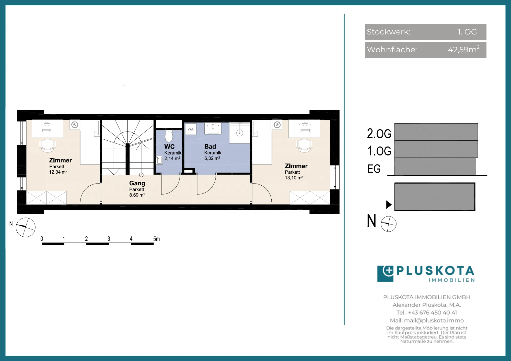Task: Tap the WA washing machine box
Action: pyautogui.click(x=191, y=129)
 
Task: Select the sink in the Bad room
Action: pyautogui.click(x=213, y=128)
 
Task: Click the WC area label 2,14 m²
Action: pyautogui.click(x=172, y=158)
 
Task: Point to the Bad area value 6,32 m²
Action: pyautogui.click(x=212, y=158)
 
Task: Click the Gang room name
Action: pyautogui.click(x=137, y=183)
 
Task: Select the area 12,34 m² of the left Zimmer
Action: pyautogui.click(x=58, y=172)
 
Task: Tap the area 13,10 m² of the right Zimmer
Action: pyautogui.click(x=294, y=178)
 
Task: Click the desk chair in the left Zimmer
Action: pyautogui.click(x=48, y=146)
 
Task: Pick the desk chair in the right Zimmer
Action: pyautogui.click(x=304, y=146)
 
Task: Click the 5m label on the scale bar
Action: pyautogui.click(x=156, y=239)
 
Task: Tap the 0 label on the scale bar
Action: pyautogui.click(x=42, y=239)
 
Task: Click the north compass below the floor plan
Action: pyautogui.click(x=26, y=227)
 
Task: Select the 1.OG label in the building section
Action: pyautogui.click(x=379, y=151)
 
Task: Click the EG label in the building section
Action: pyautogui.click(x=374, y=169)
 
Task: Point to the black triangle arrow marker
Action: pyautogui.click(x=389, y=204)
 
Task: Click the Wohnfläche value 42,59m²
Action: pyautogui.click(x=464, y=49)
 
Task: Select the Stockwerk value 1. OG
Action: pyautogui.click(x=467, y=32)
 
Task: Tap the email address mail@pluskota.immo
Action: pyautogui.click(x=434, y=320)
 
